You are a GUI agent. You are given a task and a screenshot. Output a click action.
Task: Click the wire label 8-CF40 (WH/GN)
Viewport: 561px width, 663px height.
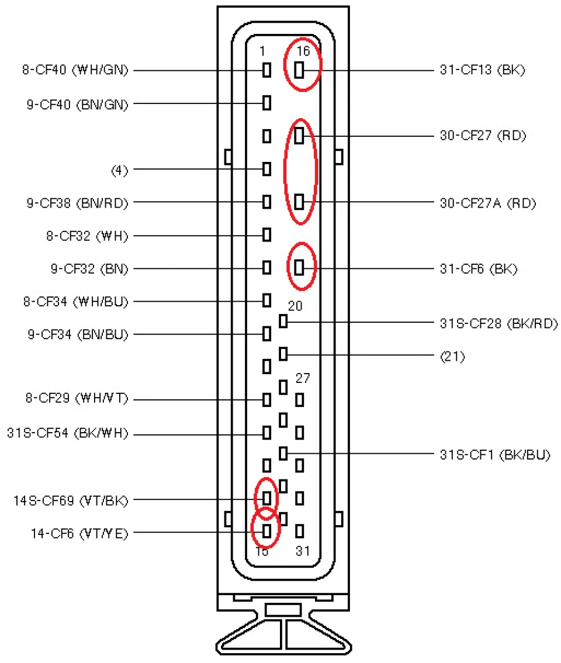point(75,70)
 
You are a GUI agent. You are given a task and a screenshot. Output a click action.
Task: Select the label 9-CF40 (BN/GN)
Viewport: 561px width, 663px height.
point(77,104)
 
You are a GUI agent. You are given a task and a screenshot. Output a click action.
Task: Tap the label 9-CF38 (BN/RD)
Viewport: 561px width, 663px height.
point(77,203)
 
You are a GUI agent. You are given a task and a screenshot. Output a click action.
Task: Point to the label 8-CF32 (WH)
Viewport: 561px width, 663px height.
point(87,236)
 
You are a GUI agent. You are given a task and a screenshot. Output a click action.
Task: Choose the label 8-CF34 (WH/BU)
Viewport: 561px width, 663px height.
point(75,302)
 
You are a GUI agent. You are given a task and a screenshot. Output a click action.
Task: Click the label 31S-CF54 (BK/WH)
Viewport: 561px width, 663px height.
point(68,433)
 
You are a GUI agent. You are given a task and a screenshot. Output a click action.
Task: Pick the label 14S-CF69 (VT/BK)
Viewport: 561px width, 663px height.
point(71,500)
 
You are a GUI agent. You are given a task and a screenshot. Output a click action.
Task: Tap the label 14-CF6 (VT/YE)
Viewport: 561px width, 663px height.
point(79,534)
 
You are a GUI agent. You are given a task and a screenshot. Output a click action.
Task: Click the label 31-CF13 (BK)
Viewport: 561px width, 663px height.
point(482,70)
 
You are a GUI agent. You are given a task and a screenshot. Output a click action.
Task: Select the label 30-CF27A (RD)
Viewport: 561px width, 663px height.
point(488,203)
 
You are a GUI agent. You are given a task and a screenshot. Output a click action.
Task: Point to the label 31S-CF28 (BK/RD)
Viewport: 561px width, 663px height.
point(499,323)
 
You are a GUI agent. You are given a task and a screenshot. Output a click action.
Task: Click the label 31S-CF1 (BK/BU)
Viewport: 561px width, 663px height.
point(495,455)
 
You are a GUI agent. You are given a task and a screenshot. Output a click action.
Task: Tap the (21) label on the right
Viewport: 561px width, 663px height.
point(452,357)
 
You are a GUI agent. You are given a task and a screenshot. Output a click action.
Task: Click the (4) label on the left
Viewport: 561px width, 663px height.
point(119,170)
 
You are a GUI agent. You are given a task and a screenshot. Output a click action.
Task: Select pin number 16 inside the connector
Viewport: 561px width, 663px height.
point(303,51)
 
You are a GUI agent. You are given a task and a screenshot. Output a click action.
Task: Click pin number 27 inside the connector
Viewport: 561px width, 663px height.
point(303,378)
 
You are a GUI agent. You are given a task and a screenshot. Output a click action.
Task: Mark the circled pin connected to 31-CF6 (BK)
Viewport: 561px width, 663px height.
point(299,267)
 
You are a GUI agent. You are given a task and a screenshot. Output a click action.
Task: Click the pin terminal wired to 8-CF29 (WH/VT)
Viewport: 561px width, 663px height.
point(266,399)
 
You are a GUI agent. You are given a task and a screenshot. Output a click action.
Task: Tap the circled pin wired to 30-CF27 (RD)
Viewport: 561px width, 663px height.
point(299,136)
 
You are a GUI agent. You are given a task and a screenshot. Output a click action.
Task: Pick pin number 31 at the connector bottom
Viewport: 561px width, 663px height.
point(303,551)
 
